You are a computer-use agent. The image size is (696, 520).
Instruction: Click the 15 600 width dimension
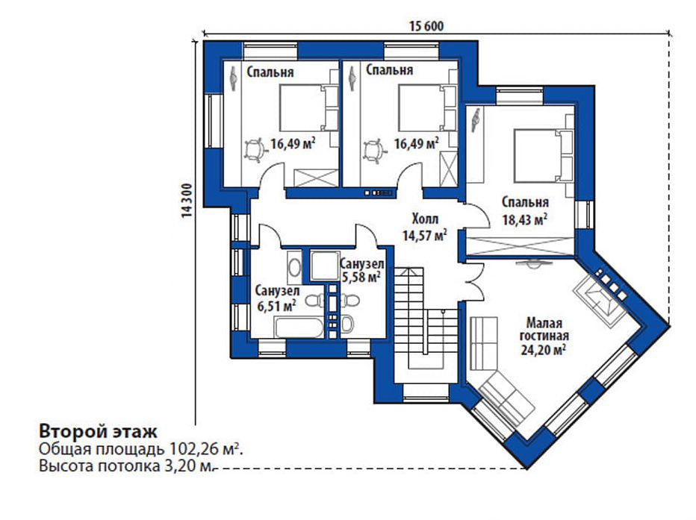426,26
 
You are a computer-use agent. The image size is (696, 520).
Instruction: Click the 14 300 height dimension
187,200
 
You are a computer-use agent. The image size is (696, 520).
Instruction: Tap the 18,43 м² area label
525,219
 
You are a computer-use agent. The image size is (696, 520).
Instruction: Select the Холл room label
425,218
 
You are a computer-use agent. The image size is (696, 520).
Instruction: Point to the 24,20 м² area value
544,350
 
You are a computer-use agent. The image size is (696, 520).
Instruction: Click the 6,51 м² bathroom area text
276,306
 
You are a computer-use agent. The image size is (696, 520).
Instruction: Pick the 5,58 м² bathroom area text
361,277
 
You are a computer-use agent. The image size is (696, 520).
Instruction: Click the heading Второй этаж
98,431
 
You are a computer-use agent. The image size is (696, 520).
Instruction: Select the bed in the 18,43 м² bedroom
544,155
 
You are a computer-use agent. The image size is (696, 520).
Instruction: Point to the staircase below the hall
426,319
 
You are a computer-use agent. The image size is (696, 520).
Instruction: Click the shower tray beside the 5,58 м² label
324,266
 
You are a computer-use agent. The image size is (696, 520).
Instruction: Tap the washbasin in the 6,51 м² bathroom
293,267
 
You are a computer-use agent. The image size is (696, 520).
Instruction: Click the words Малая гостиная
544,328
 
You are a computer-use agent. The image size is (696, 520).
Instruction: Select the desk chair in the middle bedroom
373,150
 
